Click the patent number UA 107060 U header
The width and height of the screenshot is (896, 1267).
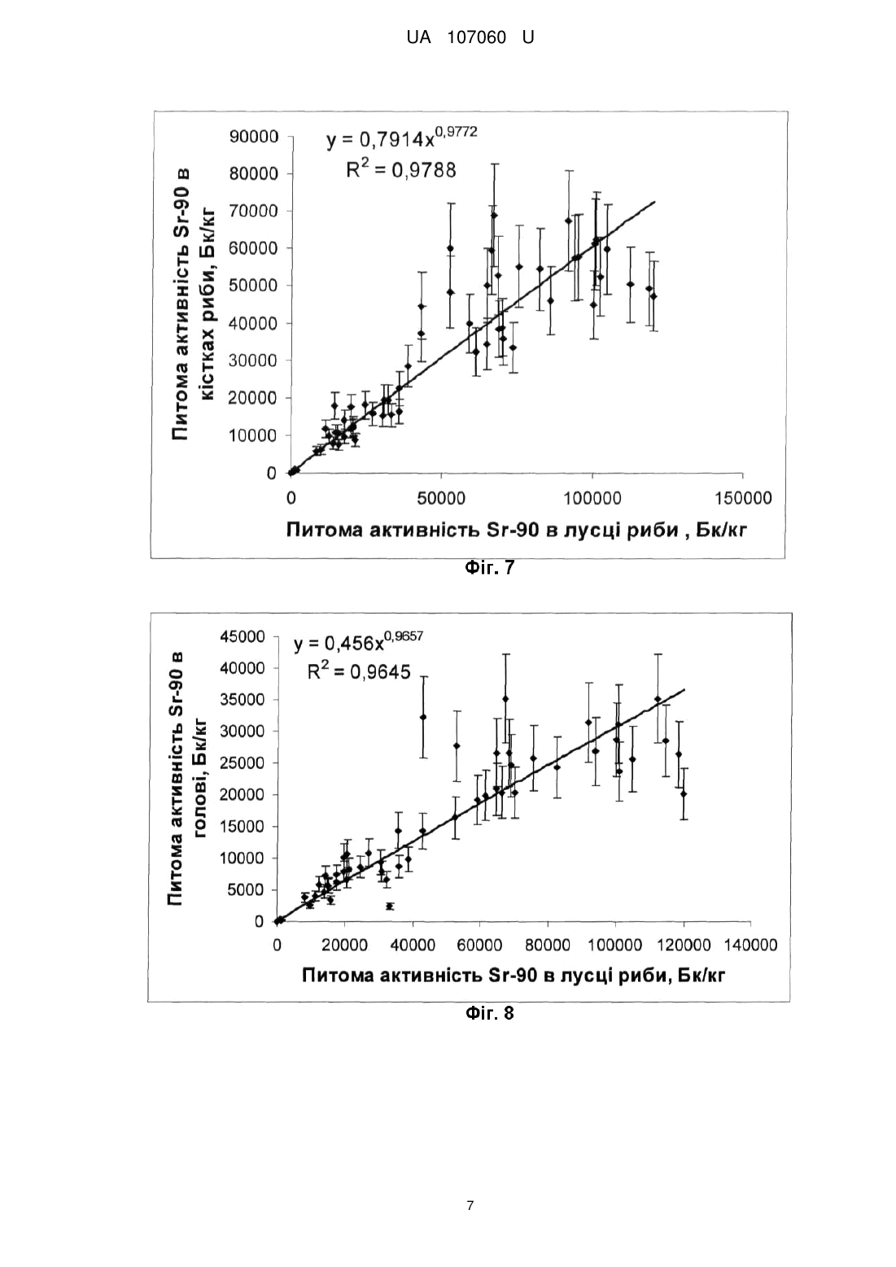470,38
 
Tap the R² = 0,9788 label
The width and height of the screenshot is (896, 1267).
401,168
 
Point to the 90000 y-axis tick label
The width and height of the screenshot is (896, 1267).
254,137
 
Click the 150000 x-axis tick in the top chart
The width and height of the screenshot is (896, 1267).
743,498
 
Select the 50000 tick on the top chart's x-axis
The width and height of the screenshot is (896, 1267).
441,498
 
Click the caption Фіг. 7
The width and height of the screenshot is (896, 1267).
490,567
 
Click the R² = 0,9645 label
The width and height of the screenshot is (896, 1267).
359,671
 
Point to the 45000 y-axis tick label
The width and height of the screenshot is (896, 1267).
243,637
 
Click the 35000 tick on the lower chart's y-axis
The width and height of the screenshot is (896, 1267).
243,700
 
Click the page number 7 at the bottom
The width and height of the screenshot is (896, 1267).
470,1205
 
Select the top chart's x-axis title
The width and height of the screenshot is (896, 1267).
517,530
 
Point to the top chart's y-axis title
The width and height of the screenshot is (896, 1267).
193,305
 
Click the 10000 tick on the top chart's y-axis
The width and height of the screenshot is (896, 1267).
254,435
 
